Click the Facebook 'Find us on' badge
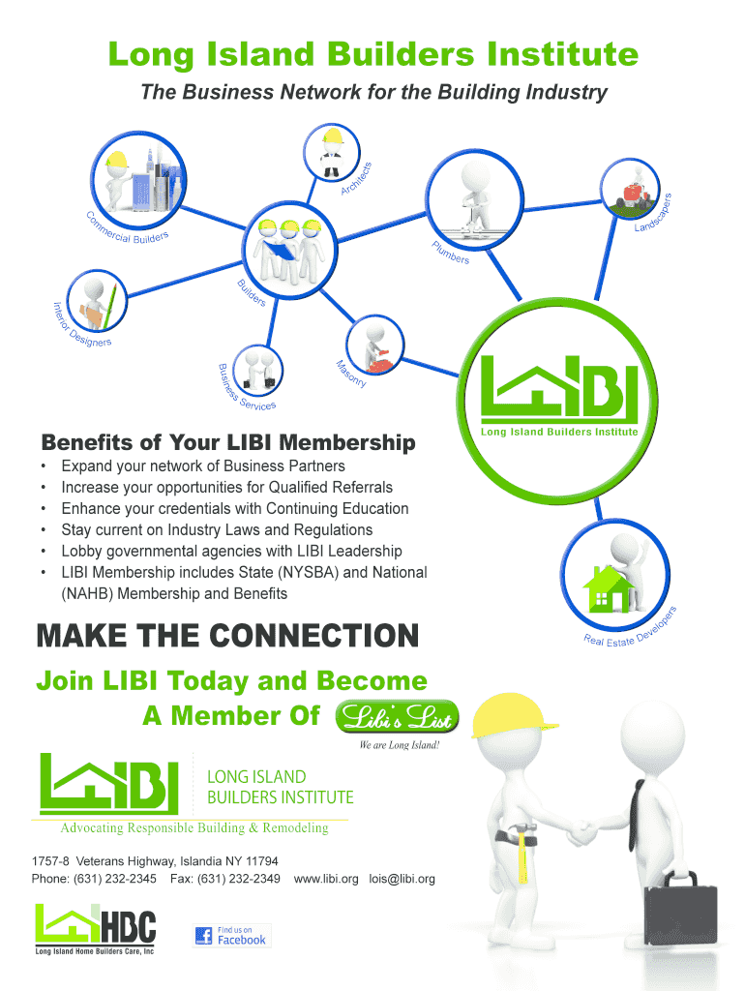point(232,936)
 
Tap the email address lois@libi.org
point(402,879)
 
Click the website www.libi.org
point(326,879)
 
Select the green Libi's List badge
point(397,717)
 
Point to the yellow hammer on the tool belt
point(523,854)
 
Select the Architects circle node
point(331,153)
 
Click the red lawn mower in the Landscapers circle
point(634,195)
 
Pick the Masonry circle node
point(374,345)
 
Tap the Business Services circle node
point(257,371)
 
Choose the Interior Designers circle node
point(97,301)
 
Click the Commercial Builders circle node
point(138,179)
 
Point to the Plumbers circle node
point(474,198)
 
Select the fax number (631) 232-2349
point(239,879)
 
